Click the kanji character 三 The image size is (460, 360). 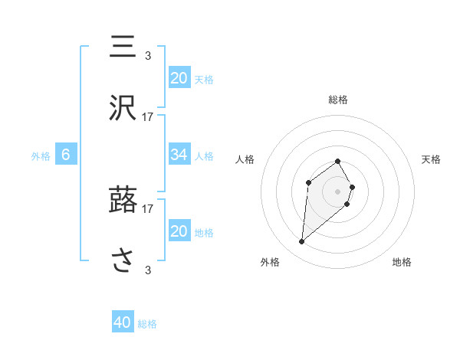(124, 47)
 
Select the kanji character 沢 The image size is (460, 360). (124, 110)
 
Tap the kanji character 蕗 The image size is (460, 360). (124, 201)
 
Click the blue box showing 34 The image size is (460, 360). (179, 155)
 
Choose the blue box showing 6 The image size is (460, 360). (66, 155)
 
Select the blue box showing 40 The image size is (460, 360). (123, 322)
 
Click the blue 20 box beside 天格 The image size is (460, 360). (179, 77)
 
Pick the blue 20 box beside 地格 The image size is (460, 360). (179, 231)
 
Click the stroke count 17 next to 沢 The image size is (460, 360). (147, 116)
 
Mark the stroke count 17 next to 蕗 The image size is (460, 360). (147, 208)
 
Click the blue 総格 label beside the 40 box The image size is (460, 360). (147, 324)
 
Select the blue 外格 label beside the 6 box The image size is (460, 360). (41, 156)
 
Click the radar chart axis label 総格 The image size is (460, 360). (338, 100)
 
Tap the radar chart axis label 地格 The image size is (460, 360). (402, 262)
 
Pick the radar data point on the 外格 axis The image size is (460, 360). (302, 242)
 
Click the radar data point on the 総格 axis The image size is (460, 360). (338, 161)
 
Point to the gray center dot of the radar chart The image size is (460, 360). (338, 191)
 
